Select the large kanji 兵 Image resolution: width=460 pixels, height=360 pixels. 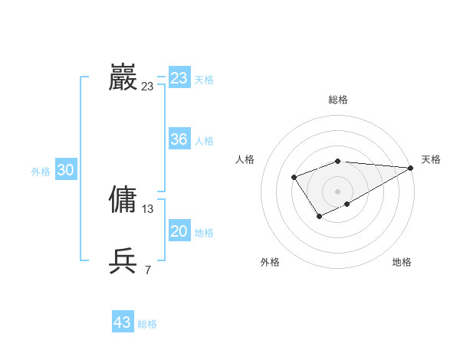pyautogui.click(x=123, y=261)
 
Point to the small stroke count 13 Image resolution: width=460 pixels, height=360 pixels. pyautogui.click(x=148, y=209)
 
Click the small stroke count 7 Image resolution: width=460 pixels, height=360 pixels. pyautogui.click(x=148, y=270)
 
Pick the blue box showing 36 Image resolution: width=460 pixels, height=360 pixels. pyautogui.click(x=179, y=139)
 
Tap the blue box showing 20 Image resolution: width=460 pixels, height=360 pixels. pyautogui.click(x=179, y=231)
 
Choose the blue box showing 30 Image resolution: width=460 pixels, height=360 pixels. pyautogui.click(x=65, y=170)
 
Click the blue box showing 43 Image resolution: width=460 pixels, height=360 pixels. pyautogui.click(x=123, y=322)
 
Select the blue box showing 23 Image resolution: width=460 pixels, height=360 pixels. pyautogui.click(x=179, y=78)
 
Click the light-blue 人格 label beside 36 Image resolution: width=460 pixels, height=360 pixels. pyautogui.click(x=204, y=141)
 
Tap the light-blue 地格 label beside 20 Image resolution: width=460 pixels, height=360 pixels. pyautogui.click(x=204, y=233)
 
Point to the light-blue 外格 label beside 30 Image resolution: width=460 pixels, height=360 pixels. pyautogui.click(x=41, y=172)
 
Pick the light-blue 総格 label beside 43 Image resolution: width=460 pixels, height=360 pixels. pyautogui.click(x=147, y=324)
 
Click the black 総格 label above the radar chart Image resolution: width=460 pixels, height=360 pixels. pyautogui.click(x=338, y=100)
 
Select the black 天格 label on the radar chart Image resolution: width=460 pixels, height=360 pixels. pyautogui.click(x=431, y=159)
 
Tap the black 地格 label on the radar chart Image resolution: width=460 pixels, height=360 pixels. pyautogui.click(x=402, y=262)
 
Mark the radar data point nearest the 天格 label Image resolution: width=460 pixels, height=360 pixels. pyautogui.click(x=411, y=167)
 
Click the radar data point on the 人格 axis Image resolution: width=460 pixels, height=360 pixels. pyautogui.click(x=294, y=178)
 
